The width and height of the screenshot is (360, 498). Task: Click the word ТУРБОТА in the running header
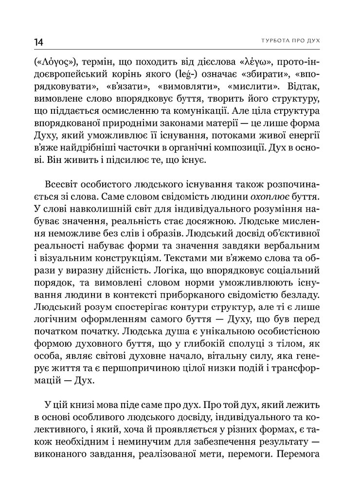click(266, 40)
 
